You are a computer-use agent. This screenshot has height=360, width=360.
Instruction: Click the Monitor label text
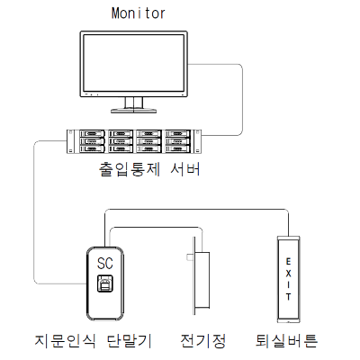tap(139, 13)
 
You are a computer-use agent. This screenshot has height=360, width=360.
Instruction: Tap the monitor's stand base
tap(134, 111)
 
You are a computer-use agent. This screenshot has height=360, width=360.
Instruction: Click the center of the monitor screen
tap(134, 63)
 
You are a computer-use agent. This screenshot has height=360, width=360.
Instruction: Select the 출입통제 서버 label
tap(149, 169)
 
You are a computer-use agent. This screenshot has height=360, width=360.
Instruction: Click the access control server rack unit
tap(134, 141)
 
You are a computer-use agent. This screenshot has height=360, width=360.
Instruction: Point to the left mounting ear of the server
tap(70, 141)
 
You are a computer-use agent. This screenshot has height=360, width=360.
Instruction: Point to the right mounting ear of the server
tap(198, 141)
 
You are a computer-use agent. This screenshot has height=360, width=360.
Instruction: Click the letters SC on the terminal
tap(105, 263)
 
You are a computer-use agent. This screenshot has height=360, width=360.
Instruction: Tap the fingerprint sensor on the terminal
tap(105, 283)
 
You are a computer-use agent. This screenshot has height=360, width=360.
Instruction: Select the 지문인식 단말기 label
tap(93, 341)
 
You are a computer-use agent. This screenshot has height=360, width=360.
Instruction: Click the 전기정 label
tap(202, 341)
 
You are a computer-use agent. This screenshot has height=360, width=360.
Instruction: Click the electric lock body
tap(202, 280)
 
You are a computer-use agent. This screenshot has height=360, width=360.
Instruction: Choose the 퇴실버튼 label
tap(286, 341)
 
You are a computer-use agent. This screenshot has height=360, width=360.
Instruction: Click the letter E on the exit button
tap(288, 262)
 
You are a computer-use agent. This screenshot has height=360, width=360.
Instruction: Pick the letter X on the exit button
tap(288, 274)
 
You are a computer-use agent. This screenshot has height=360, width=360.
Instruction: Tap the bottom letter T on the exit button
tap(288, 297)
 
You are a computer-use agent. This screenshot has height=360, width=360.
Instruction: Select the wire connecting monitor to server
tap(242, 99)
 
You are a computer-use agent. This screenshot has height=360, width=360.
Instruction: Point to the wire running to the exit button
tap(196, 209)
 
